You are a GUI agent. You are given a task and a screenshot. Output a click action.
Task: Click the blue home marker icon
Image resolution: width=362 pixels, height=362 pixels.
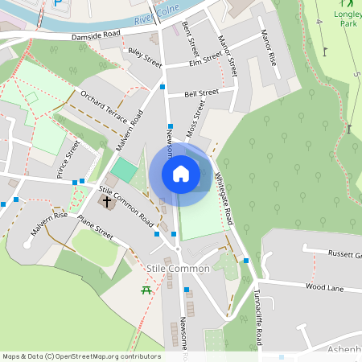[180, 174]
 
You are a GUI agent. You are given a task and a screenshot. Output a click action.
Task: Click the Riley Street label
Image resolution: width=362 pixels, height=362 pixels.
[145, 58]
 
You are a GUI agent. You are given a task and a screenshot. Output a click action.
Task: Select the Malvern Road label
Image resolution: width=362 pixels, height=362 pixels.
[130, 129]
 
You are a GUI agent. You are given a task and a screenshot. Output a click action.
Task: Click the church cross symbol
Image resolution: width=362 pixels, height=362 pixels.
[107, 200]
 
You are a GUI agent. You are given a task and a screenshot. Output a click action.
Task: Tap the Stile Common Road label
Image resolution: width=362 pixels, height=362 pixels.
[126, 204]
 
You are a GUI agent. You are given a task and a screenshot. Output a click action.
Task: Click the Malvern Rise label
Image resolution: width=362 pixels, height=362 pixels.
[48, 223]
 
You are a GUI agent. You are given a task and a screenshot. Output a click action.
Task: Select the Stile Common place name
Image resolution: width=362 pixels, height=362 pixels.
[179, 269]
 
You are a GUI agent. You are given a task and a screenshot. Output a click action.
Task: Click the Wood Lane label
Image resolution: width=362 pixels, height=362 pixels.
[324, 286]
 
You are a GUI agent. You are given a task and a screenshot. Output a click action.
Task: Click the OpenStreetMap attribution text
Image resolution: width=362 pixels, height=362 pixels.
[81, 356]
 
